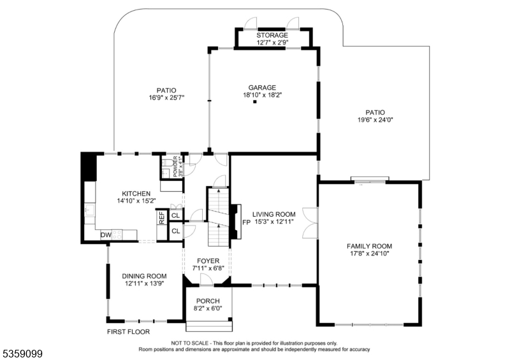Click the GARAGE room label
(262, 87)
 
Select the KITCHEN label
(136, 194)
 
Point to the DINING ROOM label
(144, 276)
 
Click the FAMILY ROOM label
(369, 246)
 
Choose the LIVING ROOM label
(273, 215)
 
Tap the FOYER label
(208, 261)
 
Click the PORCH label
(208, 301)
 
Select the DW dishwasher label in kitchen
(106, 235)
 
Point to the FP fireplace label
(246, 222)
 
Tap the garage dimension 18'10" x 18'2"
(262, 95)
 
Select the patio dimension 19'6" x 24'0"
(375, 120)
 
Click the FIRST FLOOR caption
(128, 332)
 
